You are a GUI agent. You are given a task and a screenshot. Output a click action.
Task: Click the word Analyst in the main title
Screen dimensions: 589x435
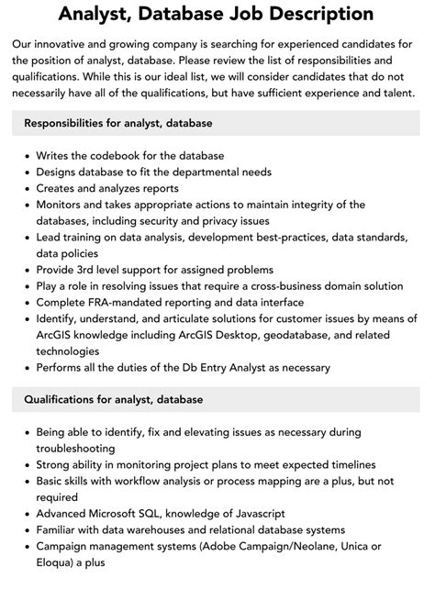97,14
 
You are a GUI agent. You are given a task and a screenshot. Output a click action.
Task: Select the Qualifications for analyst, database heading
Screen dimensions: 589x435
114,399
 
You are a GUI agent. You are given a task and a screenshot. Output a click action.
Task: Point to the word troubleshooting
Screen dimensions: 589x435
77,449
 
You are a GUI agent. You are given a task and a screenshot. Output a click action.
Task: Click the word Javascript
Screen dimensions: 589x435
248,515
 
